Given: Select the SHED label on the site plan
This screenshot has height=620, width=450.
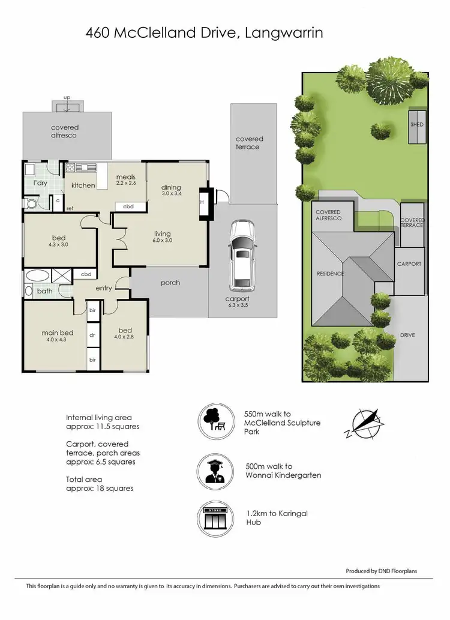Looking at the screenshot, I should tap(416, 125).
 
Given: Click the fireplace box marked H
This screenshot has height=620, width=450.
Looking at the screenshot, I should tap(202, 202).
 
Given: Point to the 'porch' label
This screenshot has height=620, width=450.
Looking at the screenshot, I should tap(170, 283).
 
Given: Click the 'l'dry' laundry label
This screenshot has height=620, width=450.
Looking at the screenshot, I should tap(40, 182).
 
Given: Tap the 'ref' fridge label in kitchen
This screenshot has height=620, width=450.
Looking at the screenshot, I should tap(70, 208).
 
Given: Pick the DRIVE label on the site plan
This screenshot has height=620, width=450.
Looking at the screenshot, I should tap(408, 334).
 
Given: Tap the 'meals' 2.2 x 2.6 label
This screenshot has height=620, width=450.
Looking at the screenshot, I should tap(126, 179).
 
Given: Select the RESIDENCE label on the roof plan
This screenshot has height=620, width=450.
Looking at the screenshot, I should tap(331, 274).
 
